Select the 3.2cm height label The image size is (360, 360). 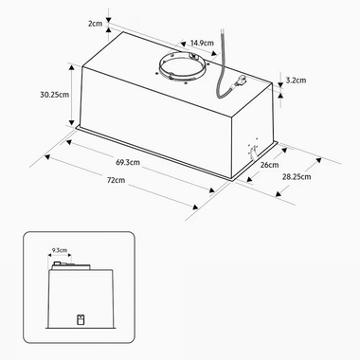[297, 81]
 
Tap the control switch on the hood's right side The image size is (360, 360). [254, 149]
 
